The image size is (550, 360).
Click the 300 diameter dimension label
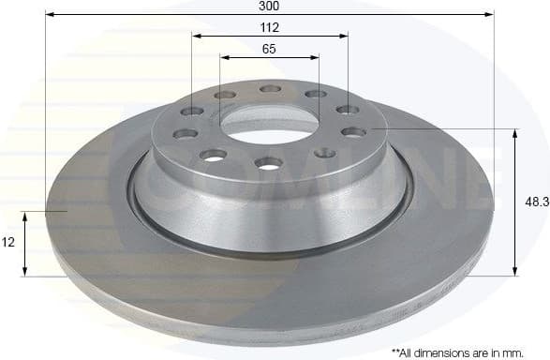(270, 6)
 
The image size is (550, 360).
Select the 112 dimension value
(270, 27)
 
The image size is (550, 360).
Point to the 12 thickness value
(8, 242)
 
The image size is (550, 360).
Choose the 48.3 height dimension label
(537, 202)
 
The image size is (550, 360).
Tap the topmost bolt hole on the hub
(270, 89)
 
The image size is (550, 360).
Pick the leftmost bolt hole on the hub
(185, 133)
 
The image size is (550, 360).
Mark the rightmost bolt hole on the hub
(353, 132)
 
